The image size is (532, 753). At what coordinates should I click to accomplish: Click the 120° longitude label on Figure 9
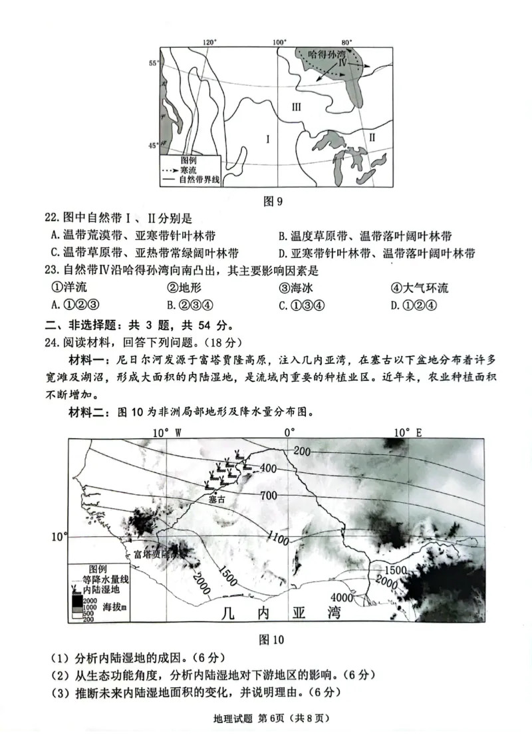(209, 42)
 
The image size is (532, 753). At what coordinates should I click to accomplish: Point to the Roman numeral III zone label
(297, 106)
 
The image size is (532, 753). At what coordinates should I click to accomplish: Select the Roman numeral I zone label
(267, 139)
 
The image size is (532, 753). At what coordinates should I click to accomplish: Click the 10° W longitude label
(168, 432)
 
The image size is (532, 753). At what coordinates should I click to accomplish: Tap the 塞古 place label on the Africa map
(217, 499)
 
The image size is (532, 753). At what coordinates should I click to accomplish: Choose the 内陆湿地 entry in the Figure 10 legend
(101, 589)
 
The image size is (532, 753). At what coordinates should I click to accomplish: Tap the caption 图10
(270, 640)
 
